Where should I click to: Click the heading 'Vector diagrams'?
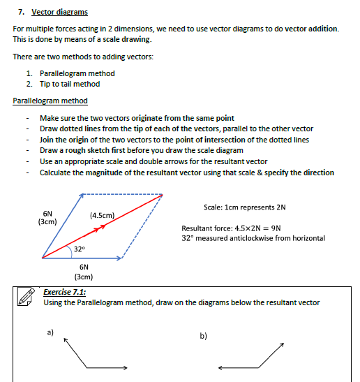click(x=59, y=12)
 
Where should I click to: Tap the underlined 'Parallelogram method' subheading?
click(x=50, y=101)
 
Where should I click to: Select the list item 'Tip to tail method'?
click(x=70, y=84)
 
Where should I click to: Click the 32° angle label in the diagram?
click(x=80, y=249)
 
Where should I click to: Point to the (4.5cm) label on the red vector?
click(x=103, y=215)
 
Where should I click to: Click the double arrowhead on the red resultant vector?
click(x=100, y=228)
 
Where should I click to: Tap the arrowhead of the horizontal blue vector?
click(x=119, y=258)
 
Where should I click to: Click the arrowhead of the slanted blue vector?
click(x=81, y=196)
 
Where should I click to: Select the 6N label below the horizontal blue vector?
click(x=84, y=267)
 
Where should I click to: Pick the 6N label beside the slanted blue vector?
click(x=47, y=214)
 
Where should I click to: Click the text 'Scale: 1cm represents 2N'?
click(x=245, y=207)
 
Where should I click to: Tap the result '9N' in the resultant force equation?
click(x=276, y=228)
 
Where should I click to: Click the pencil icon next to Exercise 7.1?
click(x=26, y=297)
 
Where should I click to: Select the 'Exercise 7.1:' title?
click(x=65, y=292)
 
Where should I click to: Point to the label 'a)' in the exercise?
click(x=50, y=332)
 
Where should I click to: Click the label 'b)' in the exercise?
click(x=203, y=336)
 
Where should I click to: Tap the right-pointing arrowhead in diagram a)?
click(x=125, y=367)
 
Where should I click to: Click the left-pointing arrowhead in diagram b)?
click(x=220, y=368)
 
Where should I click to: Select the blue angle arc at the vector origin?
click(x=71, y=251)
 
